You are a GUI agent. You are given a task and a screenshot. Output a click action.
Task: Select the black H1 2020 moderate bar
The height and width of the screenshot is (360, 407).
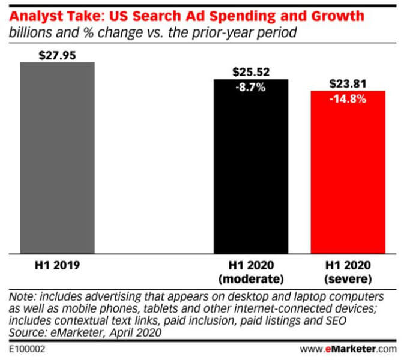[251, 174]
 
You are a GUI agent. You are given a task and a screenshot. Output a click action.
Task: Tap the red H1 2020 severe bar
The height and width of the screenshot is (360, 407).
[348, 180]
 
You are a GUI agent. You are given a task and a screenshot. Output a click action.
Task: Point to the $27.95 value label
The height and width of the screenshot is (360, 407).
[58, 55]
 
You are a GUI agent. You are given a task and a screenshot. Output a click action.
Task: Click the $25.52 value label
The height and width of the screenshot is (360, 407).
[251, 72]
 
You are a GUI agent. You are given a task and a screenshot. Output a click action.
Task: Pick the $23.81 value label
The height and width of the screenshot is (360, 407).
[348, 84]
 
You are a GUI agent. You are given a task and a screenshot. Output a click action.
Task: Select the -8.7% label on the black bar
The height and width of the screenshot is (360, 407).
[251, 87]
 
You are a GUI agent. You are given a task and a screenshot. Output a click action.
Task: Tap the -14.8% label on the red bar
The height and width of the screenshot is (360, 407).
[348, 99]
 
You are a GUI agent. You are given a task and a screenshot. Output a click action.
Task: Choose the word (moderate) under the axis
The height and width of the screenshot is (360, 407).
[251, 278]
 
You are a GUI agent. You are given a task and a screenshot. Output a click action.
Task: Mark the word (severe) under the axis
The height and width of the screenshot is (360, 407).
[348, 278]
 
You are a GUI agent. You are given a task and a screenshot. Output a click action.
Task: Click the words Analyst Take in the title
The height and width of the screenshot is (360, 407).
[52, 16]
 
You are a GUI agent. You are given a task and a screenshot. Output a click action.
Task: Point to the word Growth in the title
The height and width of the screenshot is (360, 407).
[337, 16]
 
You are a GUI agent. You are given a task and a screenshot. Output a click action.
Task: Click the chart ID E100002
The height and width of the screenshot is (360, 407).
[28, 348]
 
